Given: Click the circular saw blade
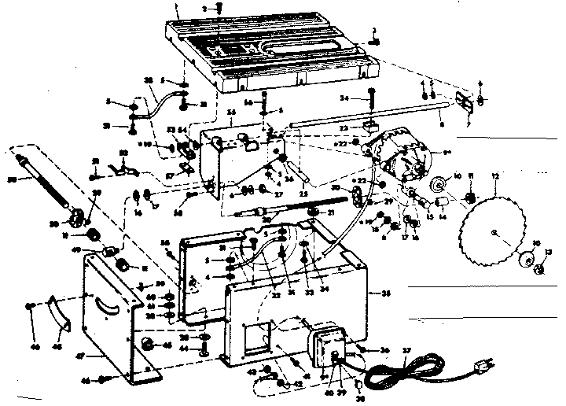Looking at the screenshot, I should pos(494,231).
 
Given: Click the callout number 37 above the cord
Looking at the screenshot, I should pos(406,350).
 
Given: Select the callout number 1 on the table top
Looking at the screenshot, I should pos(178,5).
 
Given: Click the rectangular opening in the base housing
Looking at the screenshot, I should pos(254,339).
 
